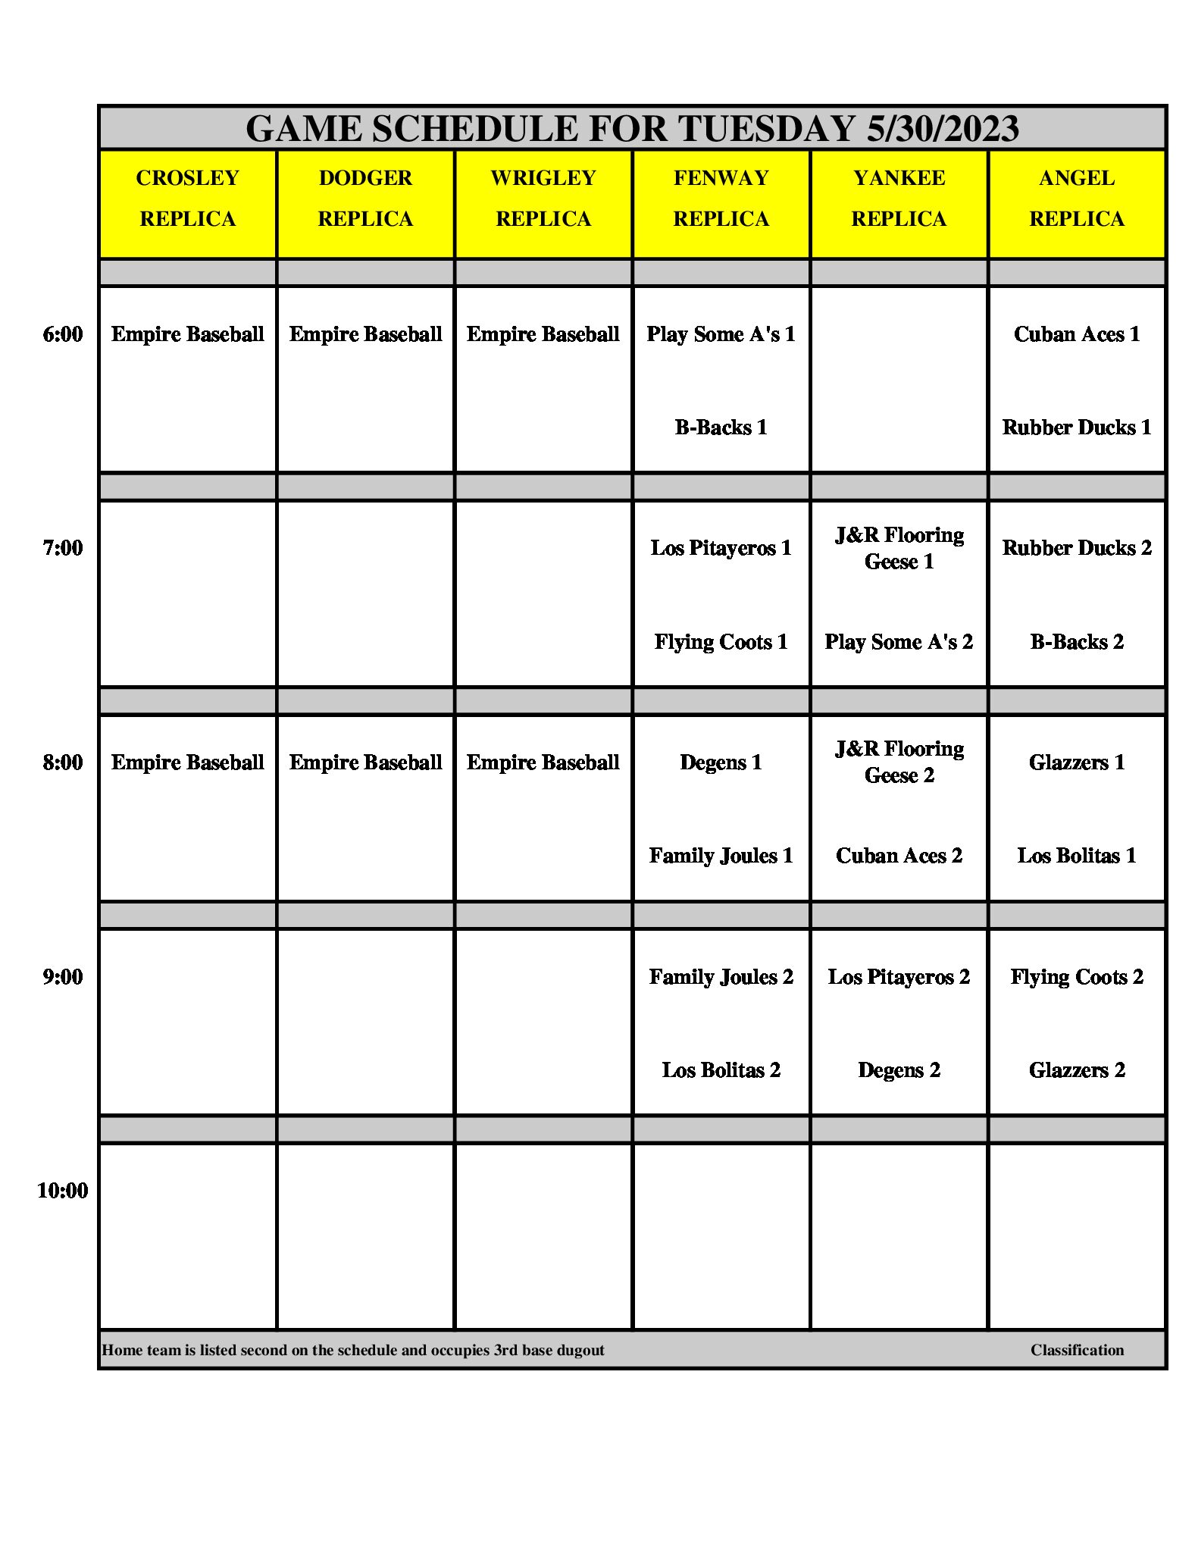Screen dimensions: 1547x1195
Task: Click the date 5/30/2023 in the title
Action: tap(942, 129)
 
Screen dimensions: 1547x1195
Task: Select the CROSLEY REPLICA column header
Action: tap(187, 199)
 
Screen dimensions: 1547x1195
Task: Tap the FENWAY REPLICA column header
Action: tap(721, 199)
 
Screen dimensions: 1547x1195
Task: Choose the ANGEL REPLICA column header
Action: tap(1076, 199)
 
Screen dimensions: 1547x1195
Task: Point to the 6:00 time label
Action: tap(63, 334)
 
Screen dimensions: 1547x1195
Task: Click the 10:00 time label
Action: tap(63, 1191)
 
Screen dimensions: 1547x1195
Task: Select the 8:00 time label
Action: tap(63, 763)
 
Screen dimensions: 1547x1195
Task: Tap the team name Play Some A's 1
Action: tap(721, 334)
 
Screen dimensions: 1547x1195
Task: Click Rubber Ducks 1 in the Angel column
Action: tap(1076, 427)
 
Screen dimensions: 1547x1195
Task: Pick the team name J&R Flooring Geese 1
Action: tap(899, 548)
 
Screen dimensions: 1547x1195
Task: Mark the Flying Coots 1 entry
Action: tap(721, 642)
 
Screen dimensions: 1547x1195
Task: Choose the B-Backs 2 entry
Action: tap(1076, 642)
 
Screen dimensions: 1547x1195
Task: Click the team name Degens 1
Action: tap(721, 763)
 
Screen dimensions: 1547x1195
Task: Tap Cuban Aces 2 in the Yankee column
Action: tap(899, 856)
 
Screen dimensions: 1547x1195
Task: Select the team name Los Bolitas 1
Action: tap(1076, 856)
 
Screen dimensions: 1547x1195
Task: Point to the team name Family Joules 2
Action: tap(721, 977)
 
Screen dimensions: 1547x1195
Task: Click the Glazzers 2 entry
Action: tap(1076, 1070)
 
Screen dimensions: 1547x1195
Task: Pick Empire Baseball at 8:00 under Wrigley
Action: tap(543, 763)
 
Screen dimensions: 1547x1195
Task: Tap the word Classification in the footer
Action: tap(1076, 1350)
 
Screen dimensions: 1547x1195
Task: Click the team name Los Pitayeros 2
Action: tap(899, 977)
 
